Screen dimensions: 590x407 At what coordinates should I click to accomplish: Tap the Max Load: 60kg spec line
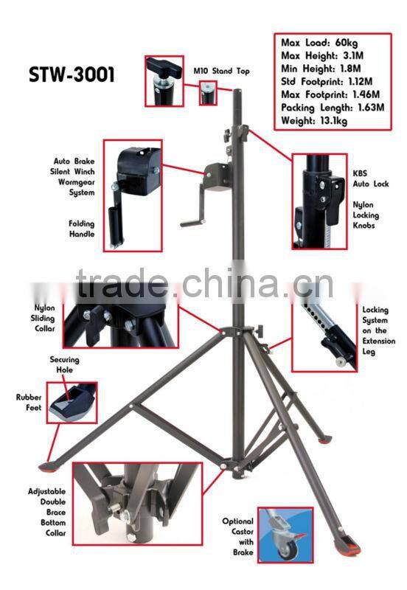tap(317, 41)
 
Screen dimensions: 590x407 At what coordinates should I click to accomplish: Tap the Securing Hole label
tap(64, 365)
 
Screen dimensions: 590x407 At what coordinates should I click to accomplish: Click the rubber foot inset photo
tap(72, 402)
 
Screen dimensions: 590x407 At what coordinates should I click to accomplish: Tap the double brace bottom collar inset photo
tap(137, 501)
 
